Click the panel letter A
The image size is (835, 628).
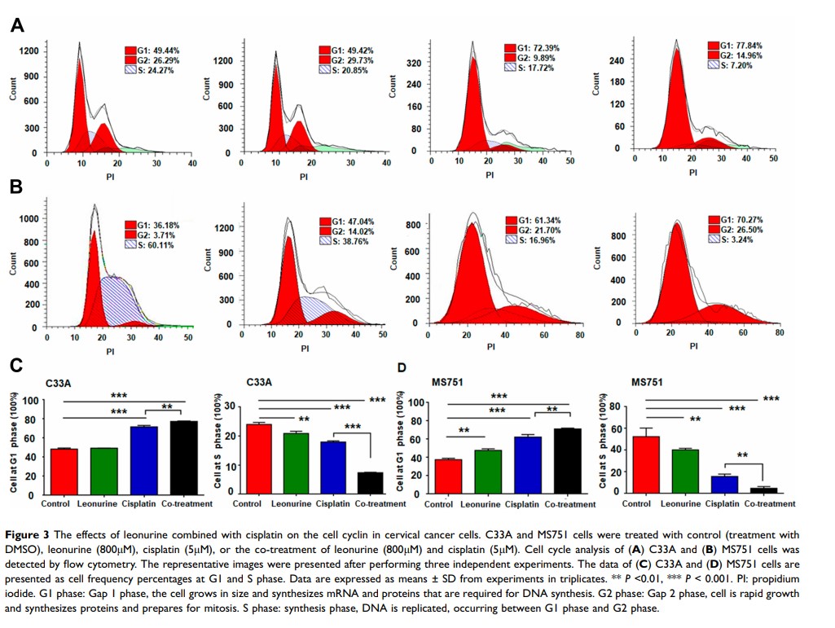point(16,25)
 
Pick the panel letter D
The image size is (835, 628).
point(402,368)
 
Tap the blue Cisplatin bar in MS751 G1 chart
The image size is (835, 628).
point(527,465)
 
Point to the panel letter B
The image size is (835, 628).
point(16,187)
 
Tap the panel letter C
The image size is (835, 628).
point(16,368)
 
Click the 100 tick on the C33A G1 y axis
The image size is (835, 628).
point(29,400)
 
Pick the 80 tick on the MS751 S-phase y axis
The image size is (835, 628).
point(617,406)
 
